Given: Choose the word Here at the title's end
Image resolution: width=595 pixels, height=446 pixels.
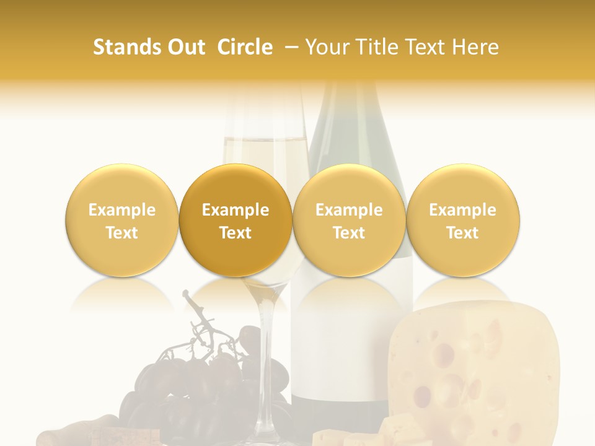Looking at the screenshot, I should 475,47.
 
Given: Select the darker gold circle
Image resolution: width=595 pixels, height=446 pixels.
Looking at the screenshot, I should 236,220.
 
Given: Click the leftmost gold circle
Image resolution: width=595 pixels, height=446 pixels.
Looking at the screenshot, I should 121,220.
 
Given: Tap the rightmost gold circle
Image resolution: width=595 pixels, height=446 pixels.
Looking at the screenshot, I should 463,220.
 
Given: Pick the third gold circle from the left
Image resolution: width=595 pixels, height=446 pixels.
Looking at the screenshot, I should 349,220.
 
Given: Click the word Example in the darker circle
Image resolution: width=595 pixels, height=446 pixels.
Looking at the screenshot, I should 236,210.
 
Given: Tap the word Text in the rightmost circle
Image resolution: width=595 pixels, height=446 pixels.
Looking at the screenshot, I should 463,233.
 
